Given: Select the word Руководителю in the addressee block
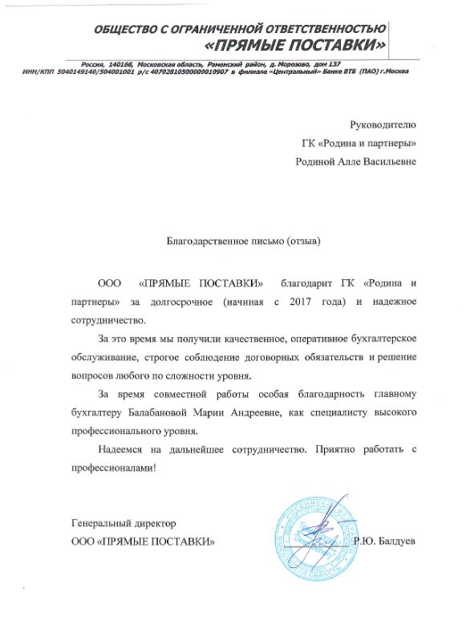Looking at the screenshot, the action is coord(383,124).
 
